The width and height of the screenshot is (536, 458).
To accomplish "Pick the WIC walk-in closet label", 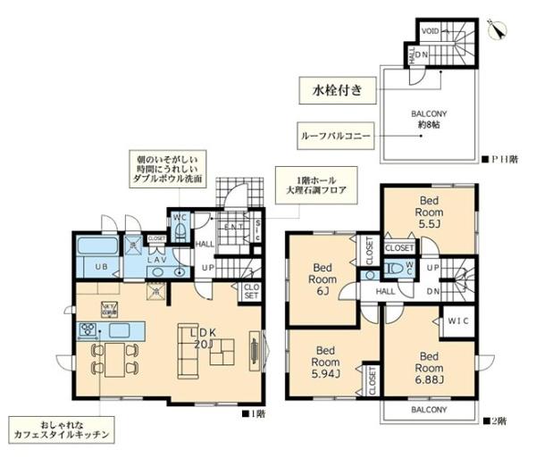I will coord(459,319).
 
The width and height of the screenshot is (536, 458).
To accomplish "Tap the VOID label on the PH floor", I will coord(429,30).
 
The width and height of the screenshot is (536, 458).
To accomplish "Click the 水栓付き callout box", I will coord(337,89).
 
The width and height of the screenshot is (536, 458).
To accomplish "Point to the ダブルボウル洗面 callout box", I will coord(167,167).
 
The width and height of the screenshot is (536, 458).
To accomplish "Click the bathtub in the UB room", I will coord(92,247).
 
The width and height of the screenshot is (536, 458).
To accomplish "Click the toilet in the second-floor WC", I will coord(394,267).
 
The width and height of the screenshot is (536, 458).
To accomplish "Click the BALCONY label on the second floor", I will coord(423,410).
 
